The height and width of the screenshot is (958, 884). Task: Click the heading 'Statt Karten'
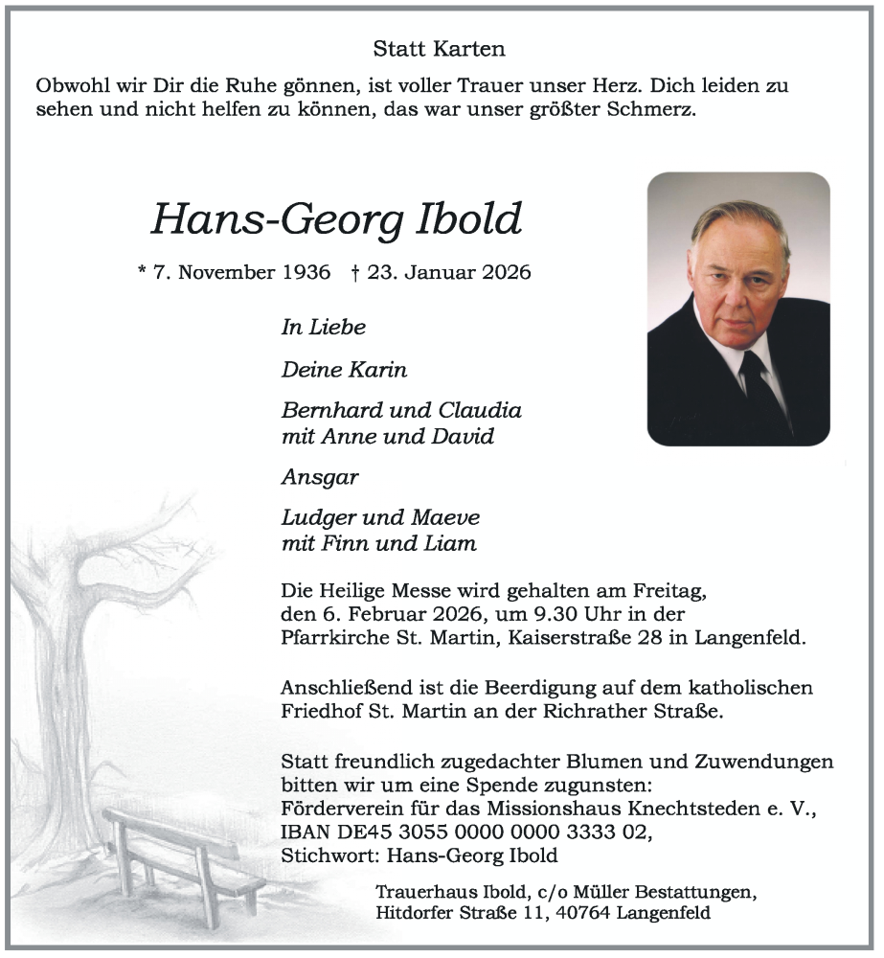tap(440, 48)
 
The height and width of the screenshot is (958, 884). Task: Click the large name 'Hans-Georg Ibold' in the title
tap(336, 219)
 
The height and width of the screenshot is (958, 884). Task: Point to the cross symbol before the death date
tap(355, 272)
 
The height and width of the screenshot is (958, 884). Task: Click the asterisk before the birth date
tap(143, 272)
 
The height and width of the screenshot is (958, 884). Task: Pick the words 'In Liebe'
tap(323, 328)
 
